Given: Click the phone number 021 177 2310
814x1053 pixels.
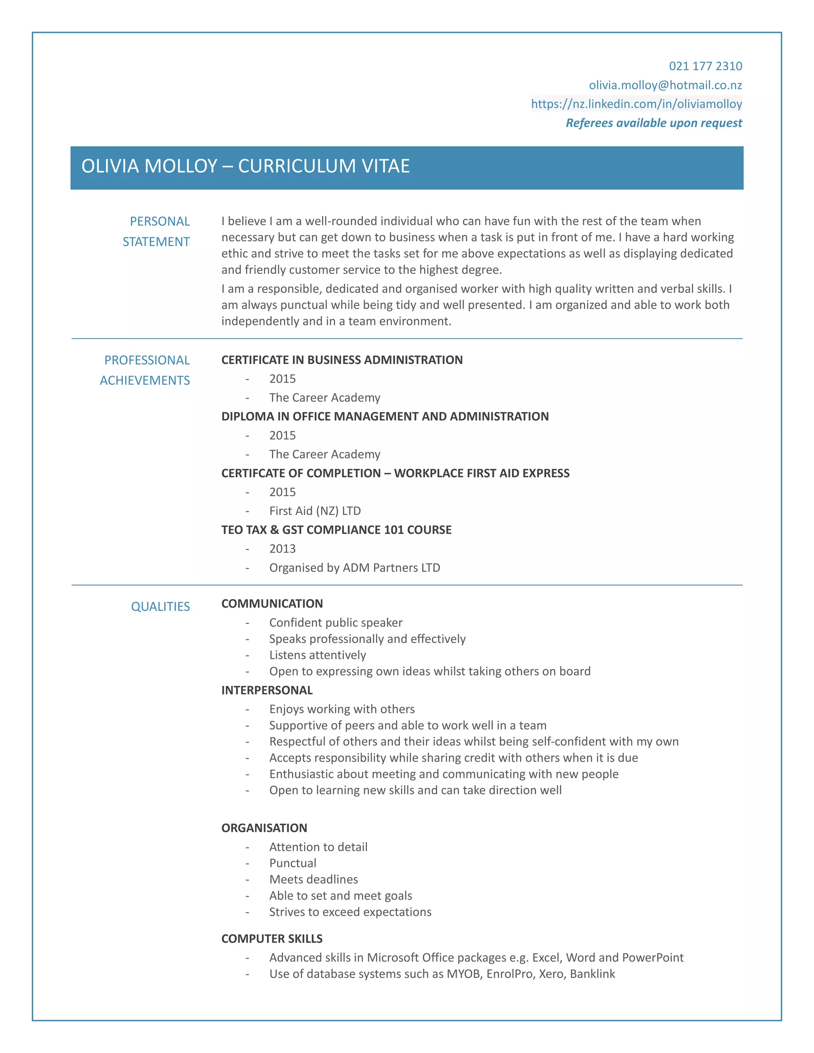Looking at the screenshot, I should [x=705, y=66].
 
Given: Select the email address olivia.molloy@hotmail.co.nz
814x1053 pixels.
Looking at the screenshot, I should [x=665, y=85].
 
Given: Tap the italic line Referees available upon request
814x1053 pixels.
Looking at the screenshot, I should [x=653, y=123].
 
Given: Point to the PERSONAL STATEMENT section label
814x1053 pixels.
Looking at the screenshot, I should [x=157, y=231].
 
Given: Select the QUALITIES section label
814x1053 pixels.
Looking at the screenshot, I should [x=160, y=606].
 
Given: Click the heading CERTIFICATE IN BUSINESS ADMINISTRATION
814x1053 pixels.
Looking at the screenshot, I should [x=341, y=360].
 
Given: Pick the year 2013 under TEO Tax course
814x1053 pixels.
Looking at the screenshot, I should [x=282, y=549].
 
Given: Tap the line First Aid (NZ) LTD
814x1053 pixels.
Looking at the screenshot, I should [x=314, y=511].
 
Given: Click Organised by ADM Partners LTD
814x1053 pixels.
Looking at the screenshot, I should [x=355, y=567].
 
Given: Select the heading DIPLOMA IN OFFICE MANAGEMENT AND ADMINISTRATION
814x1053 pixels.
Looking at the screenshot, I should [x=384, y=416].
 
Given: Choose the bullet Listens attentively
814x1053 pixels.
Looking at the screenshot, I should [x=317, y=655].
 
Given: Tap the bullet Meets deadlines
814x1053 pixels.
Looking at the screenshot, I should [x=314, y=879].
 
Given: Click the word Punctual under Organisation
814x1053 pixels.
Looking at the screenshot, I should [x=293, y=863].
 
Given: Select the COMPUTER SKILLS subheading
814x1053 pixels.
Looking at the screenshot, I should [x=271, y=938].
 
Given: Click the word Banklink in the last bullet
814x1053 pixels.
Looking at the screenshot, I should [x=592, y=974].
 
